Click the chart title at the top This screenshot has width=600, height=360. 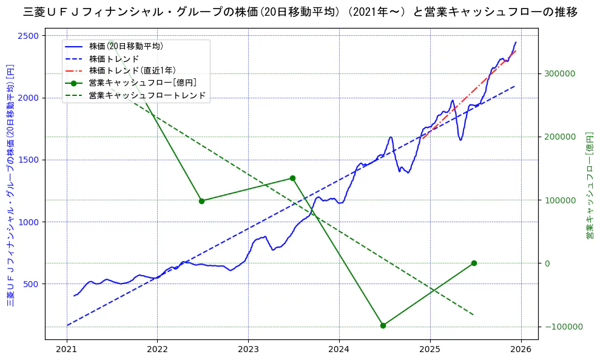tap(300, 12)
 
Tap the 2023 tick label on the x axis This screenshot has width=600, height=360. tap(248, 350)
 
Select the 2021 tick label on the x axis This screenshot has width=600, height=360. tap(67, 350)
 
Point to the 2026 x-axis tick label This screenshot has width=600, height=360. tap(521, 350)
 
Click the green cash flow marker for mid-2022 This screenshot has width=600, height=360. tap(201, 201)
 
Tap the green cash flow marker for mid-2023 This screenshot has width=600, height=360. tap(292, 178)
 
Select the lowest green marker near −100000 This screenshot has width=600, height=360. tap(383, 325)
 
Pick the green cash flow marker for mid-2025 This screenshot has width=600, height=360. tap(474, 263)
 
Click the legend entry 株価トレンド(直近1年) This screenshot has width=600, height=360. tap(132, 70)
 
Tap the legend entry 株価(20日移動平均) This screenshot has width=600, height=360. tap(126, 46)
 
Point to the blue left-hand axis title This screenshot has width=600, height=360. tap(10, 185)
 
